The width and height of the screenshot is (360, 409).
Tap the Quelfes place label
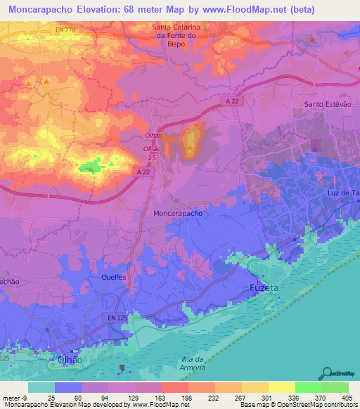[x=112, y=278]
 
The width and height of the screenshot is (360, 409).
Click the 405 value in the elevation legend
[x=345, y=398]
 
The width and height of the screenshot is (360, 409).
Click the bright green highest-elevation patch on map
[x=89, y=167]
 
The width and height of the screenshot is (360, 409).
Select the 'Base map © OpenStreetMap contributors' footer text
[x=296, y=405]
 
